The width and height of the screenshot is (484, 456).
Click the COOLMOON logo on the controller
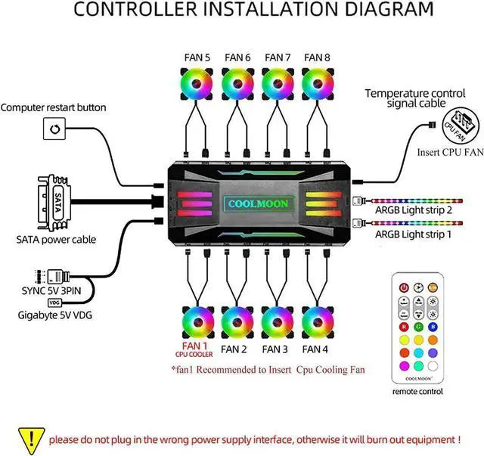point(256,204)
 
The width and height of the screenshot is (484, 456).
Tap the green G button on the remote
point(417,327)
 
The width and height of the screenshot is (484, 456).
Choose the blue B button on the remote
point(432,327)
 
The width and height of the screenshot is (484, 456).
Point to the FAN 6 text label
point(237,57)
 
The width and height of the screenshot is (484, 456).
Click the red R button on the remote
point(403,327)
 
